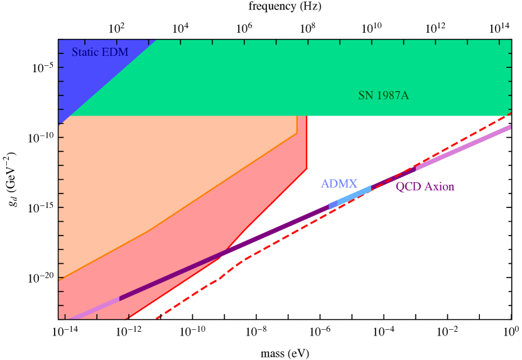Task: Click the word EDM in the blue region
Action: (115, 52)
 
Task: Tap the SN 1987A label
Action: (384, 95)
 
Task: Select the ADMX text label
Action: (339, 184)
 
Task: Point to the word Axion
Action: (439, 187)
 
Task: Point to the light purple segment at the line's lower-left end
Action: (94, 308)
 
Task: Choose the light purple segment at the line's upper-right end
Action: (465, 147)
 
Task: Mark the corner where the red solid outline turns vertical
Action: (307, 168)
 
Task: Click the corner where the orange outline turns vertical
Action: (297, 133)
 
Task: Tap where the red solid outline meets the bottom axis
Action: (129, 319)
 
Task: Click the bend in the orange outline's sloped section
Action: (148, 231)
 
